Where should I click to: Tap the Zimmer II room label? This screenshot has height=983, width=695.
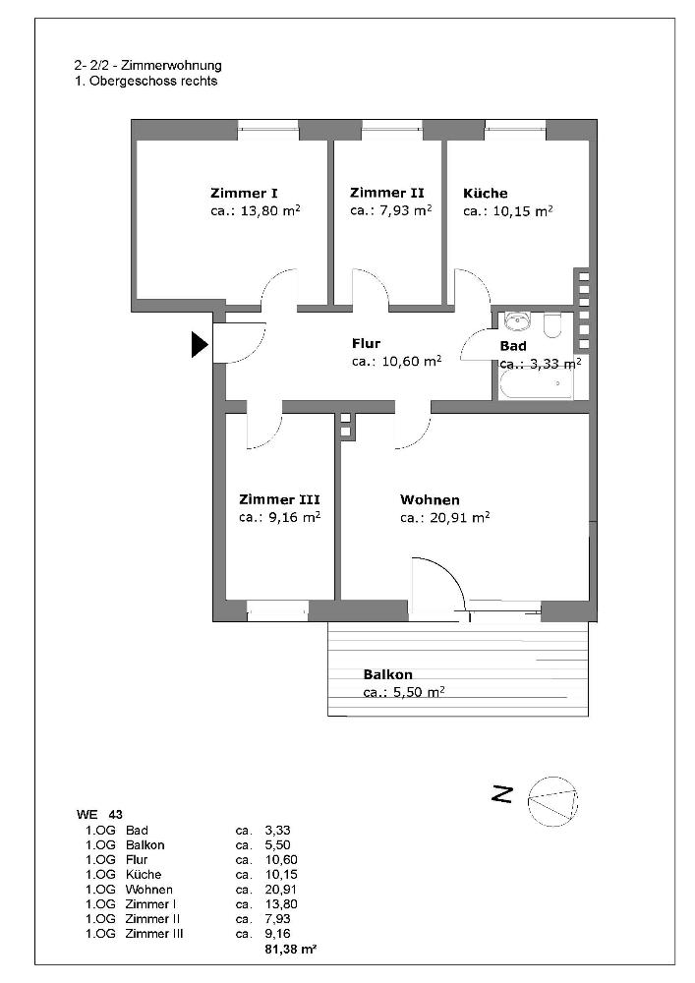pos(386,194)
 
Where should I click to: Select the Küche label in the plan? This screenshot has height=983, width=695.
pos(486,194)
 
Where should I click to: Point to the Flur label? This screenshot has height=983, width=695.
pos(366,344)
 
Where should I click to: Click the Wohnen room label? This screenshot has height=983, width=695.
pos(430,499)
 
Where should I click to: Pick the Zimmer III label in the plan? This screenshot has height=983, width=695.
pos(279,499)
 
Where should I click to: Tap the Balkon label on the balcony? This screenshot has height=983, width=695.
pos(387,675)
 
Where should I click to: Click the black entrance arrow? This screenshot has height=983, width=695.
pos(200,344)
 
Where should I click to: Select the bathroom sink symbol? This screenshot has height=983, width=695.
pos(515,321)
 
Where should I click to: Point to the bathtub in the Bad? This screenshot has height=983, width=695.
pos(536,385)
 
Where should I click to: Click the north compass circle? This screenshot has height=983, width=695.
pos(552,801)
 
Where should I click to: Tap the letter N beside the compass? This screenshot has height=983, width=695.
pos(503,794)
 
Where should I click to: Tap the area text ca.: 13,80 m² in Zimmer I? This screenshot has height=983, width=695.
pos(256,211)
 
